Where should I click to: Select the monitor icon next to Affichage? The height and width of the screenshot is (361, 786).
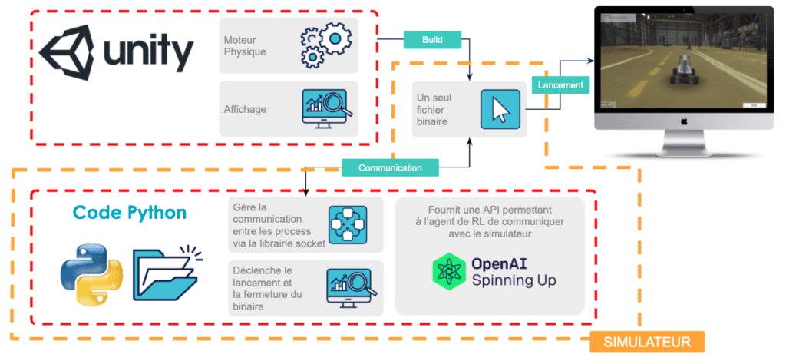(x=325, y=108)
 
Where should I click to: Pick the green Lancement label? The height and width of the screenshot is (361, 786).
(x=560, y=84)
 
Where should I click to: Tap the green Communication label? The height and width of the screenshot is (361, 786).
(x=390, y=167)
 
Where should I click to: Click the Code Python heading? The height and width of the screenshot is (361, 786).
(x=129, y=213)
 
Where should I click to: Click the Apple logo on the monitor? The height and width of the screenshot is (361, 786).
(x=682, y=121)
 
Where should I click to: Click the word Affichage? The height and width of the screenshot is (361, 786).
(x=245, y=109)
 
